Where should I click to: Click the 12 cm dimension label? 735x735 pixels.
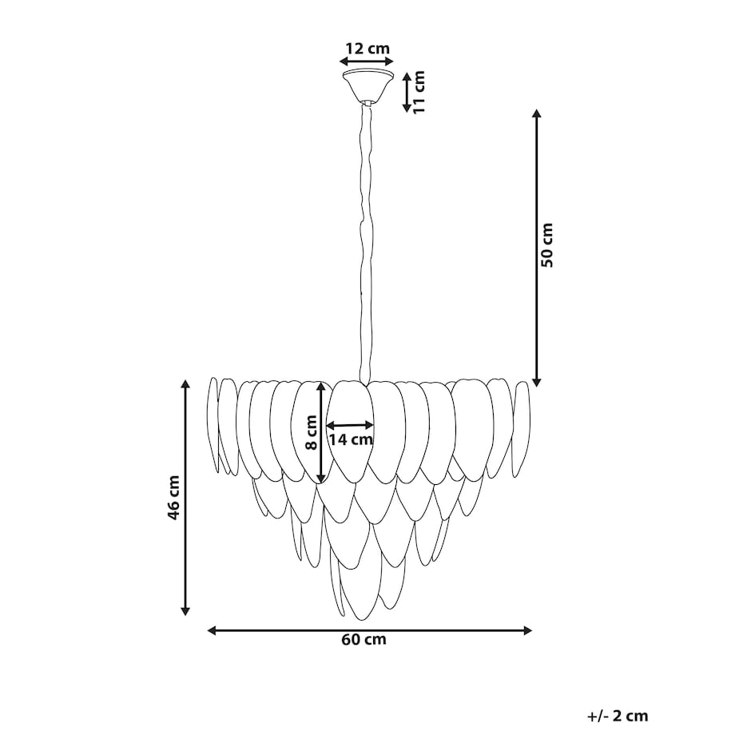(x=367, y=48)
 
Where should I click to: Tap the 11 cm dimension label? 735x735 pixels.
(x=418, y=92)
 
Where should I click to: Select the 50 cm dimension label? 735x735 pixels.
(x=547, y=245)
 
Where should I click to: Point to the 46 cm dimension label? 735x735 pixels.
(x=173, y=498)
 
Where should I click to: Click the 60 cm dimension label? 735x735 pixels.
(x=364, y=639)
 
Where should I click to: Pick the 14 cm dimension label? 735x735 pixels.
(x=350, y=439)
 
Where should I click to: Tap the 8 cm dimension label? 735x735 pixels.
(x=312, y=432)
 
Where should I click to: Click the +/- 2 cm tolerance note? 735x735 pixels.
(x=618, y=716)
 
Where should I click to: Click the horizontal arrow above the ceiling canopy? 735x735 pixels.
(x=367, y=62)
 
